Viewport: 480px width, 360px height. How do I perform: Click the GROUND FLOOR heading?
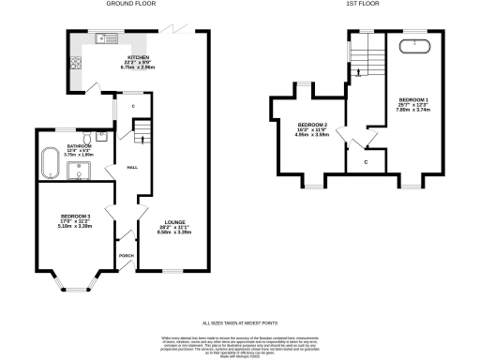131,4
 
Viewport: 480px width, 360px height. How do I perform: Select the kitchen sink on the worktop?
103,38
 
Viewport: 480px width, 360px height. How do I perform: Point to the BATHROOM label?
79,147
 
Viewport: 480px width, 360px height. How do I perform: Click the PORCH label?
126,254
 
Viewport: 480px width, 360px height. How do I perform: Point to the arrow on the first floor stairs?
356,68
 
